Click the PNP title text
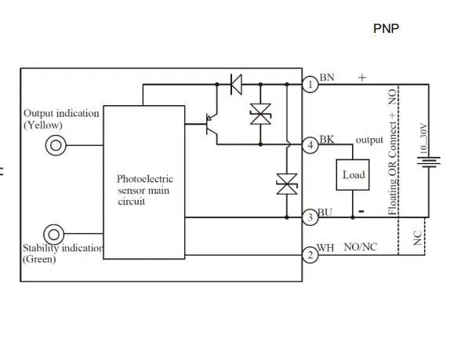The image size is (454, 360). click(386, 29)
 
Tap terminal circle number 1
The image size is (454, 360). click(311, 83)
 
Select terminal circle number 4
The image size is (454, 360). click(311, 144)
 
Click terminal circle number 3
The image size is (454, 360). click(311, 216)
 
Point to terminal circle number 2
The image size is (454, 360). click(311, 253)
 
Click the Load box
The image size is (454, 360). click(353, 174)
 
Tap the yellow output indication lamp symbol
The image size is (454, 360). click(56, 144)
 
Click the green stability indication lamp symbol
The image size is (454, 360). click(55, 234)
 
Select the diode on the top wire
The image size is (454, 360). click(234, 82)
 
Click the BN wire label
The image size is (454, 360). click(327, 77)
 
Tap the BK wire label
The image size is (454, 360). click(326, 139)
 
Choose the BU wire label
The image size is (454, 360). click(326, 211)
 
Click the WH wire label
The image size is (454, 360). click(326, 248)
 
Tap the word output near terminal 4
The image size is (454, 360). click(369, 140)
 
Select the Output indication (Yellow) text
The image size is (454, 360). click(61, 118)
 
